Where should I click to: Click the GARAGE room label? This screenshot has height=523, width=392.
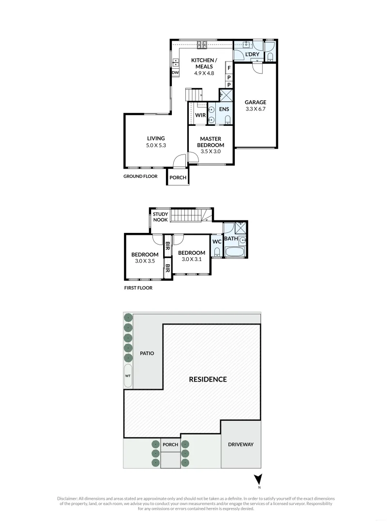click(x=255, y=102)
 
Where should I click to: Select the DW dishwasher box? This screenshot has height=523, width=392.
click(x=175, y=73)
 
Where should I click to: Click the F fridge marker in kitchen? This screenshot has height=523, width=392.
click(x=229, y=68)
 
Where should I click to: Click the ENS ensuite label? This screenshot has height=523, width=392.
click(x=224, y=109)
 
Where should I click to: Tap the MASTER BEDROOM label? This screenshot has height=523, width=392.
click(x=212, y=142)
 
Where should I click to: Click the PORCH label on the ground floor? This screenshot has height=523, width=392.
click(x=178, y=177)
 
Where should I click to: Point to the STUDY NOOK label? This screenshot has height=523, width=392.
click(x=160, y=216)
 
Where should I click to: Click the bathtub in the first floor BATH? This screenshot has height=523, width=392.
click(x=236, y=252)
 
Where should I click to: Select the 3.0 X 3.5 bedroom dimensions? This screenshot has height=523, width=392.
click(x=145, y=261)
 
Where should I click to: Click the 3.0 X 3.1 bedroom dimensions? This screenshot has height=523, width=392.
click(x=191, y=259)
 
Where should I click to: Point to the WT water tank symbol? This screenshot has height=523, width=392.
click(x=128, y=376)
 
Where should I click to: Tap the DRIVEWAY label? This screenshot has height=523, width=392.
click(x=241, y=444)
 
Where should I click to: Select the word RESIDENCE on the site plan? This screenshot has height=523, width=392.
click(x=208, y=379)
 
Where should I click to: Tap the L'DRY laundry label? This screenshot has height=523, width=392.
click(x=252, y=54)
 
